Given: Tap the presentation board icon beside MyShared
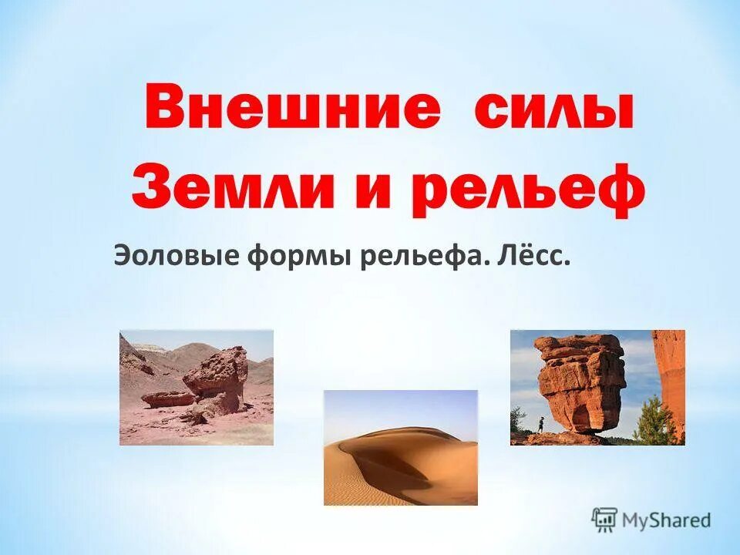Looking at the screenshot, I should [605, 520].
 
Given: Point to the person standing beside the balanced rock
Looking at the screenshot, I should [540, 423].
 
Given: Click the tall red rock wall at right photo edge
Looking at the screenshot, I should [671, 378].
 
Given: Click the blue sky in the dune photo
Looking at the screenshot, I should [401, 409].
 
